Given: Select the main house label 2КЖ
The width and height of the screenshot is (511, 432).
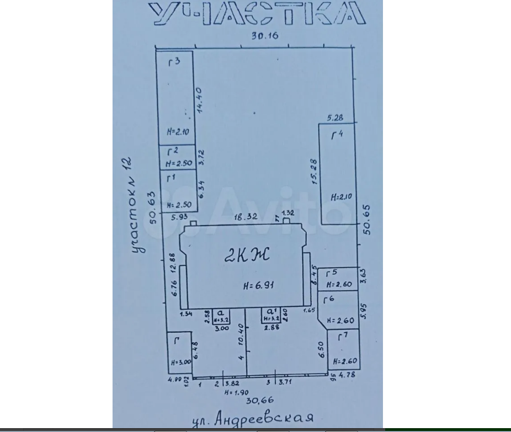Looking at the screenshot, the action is click(x=246, y=255).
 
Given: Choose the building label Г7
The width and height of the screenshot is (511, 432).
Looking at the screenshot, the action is click(x=343, y=337).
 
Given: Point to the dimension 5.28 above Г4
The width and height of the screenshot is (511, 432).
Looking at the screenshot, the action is click(x=335, y=117).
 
